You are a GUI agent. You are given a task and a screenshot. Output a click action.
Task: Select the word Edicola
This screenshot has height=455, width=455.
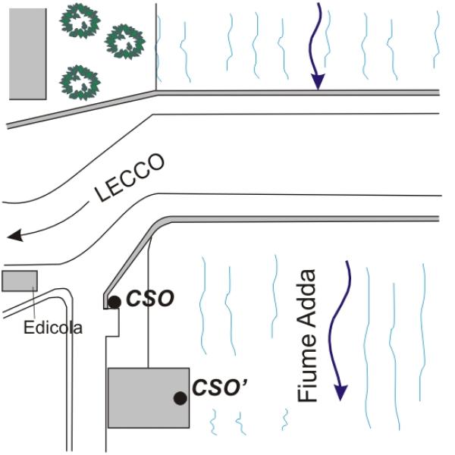(x=53, y=328)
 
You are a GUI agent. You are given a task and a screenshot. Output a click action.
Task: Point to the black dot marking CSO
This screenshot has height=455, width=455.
(x=114, y=302)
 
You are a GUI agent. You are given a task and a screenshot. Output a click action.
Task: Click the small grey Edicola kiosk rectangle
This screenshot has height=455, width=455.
(x=19, y=281)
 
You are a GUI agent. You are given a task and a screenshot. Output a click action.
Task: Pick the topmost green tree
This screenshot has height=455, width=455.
(x=80, y=19)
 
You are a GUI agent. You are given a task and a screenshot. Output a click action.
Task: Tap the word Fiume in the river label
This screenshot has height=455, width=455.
(x=309, y=371)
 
